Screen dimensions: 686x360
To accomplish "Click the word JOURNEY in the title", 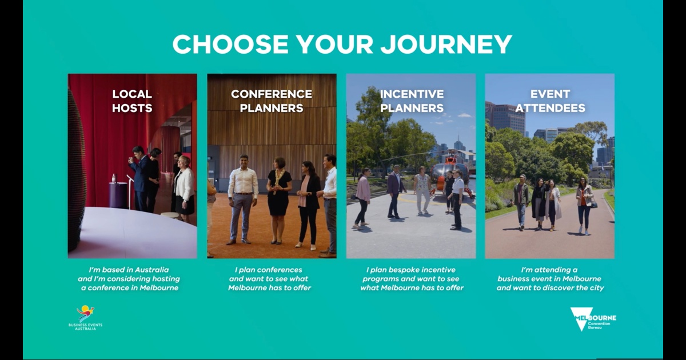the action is coord(446,44).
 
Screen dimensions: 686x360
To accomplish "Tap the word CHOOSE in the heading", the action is coord(230,44).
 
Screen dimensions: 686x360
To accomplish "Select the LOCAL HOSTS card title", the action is coord(132,101).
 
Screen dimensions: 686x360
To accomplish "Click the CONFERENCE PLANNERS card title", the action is coord(272,101).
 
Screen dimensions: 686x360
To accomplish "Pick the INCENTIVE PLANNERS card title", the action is coord(412,101).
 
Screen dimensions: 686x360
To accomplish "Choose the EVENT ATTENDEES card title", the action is coord(551,101).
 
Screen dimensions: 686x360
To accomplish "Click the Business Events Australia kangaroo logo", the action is coord(85,318).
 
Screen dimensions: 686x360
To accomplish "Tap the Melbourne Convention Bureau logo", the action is coord(593,319).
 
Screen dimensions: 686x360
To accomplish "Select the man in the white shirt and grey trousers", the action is coord(243,199).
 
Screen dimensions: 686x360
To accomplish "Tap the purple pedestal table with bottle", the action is coord(118,194).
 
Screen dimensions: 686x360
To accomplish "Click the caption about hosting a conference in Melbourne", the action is coord(129,279).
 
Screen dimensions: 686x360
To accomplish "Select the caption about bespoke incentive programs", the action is coord(411,279).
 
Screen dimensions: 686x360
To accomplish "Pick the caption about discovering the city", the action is coord(550,279).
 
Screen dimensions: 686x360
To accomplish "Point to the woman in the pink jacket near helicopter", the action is coord(362,198).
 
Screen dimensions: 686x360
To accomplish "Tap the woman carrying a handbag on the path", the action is coord(585,206).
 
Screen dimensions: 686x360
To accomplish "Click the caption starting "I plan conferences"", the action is coord(269,279).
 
